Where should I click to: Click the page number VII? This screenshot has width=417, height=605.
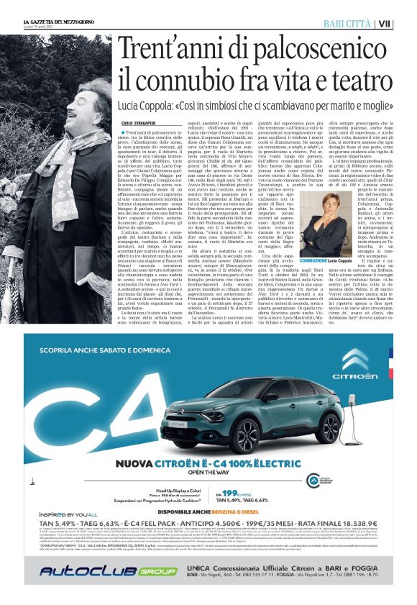(x=405, y=24)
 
